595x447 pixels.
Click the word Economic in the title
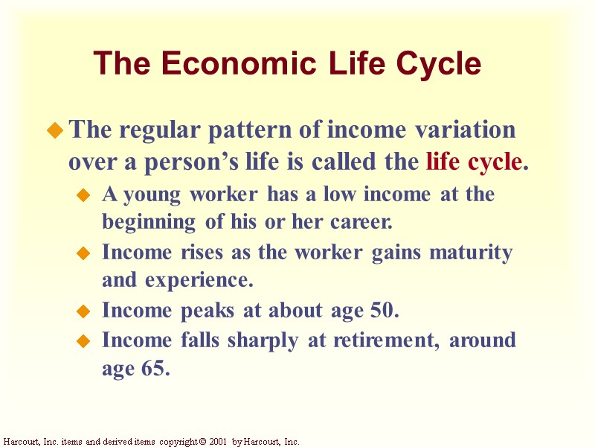click(x=225, y=65)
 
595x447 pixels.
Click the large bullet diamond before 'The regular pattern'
click(x=54, y=132)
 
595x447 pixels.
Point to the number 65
click(x=155, y=368)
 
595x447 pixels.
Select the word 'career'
click(x=362, y=223)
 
